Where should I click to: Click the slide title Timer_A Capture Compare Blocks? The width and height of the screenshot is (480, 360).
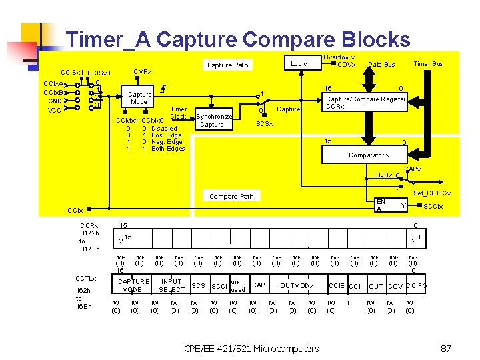(238, 39)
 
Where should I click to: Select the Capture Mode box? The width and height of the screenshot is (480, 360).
(139, 98)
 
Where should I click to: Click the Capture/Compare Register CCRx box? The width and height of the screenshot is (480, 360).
(365, 103)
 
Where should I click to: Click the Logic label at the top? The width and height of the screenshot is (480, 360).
(299, 64)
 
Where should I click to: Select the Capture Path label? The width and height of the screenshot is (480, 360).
(227, 65)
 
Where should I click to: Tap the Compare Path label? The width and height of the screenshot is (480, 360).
(231, 197)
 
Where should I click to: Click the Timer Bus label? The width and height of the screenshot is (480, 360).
(428, 64)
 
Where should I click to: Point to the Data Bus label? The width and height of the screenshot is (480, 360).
(381, 65)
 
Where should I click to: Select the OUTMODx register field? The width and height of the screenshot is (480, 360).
(296, 286)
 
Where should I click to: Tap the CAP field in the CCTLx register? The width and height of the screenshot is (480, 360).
(259, 285)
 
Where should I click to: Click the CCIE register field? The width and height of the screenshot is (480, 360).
(336, 286)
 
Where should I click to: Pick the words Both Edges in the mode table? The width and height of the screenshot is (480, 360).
(168, 149)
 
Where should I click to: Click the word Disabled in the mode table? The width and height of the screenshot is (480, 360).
(164, 128)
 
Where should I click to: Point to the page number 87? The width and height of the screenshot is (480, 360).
(447, 348)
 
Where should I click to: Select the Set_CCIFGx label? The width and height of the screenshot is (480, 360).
(432, 193)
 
